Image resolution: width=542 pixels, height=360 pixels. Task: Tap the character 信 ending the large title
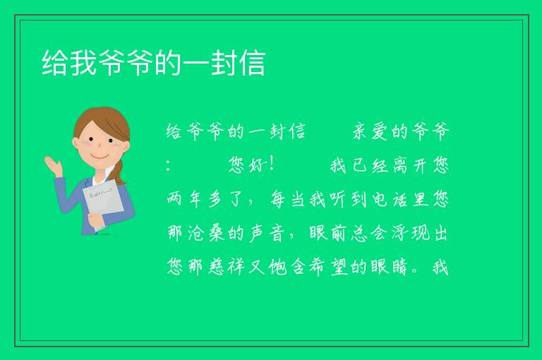[253, 63]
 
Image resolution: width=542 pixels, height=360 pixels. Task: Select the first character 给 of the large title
[54, 63]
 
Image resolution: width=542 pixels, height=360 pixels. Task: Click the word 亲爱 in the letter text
[371, 131]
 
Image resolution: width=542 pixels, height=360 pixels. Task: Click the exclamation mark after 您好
[272, 164]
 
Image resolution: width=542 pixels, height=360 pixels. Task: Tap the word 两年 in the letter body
[184, 199]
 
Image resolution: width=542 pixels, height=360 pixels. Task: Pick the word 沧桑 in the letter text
[205, 233]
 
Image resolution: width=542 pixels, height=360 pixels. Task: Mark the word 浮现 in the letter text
[411, 233]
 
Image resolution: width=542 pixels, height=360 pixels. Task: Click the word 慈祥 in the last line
[227, 267]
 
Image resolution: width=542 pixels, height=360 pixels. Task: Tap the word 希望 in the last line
[328, 267]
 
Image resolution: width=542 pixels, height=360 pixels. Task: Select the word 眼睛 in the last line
[390, 267]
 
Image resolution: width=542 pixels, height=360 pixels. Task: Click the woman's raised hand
[53, 166]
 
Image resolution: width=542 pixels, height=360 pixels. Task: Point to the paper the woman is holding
[104, 204]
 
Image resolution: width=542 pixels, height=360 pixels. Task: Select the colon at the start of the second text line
[168, 165]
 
